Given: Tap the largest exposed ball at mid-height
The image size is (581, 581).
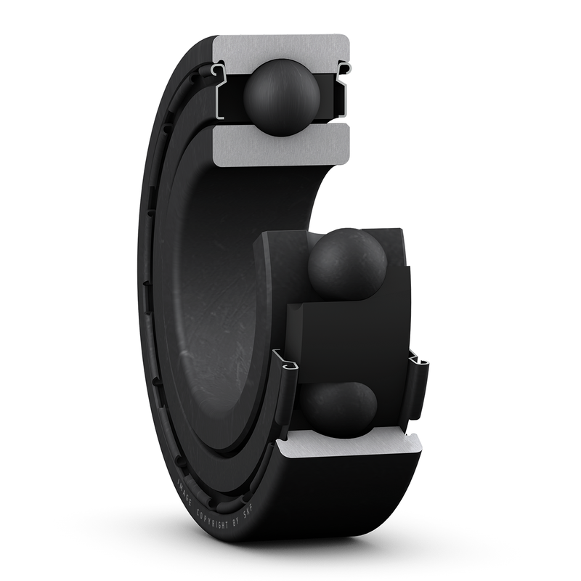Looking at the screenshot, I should tap(347, 264).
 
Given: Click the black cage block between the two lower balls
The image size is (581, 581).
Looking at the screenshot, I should tap(341, 334).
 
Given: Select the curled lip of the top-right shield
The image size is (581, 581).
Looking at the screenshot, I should tap(345, 68).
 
